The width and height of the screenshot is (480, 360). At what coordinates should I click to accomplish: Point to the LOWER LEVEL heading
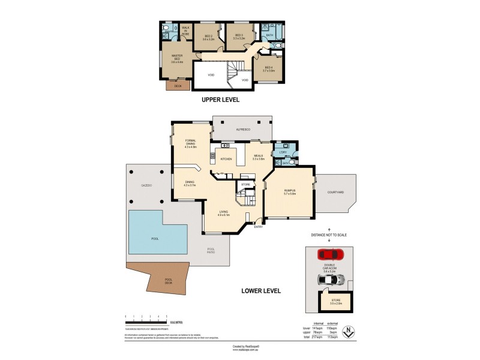click(261, 290)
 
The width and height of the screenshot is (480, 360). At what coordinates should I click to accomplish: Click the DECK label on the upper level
click(177, 86)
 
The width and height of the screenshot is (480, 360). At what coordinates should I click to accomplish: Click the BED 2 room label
click(208, 36)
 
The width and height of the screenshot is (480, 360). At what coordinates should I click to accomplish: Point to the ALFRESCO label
click(242, 130)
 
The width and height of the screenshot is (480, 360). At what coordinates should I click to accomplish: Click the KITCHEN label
click(226, 159)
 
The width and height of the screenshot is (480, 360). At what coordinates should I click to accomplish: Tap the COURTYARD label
click(335, 192)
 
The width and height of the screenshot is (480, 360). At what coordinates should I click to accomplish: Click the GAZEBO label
click(146, 185)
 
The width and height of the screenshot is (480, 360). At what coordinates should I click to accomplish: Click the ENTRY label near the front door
click(259, 227)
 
